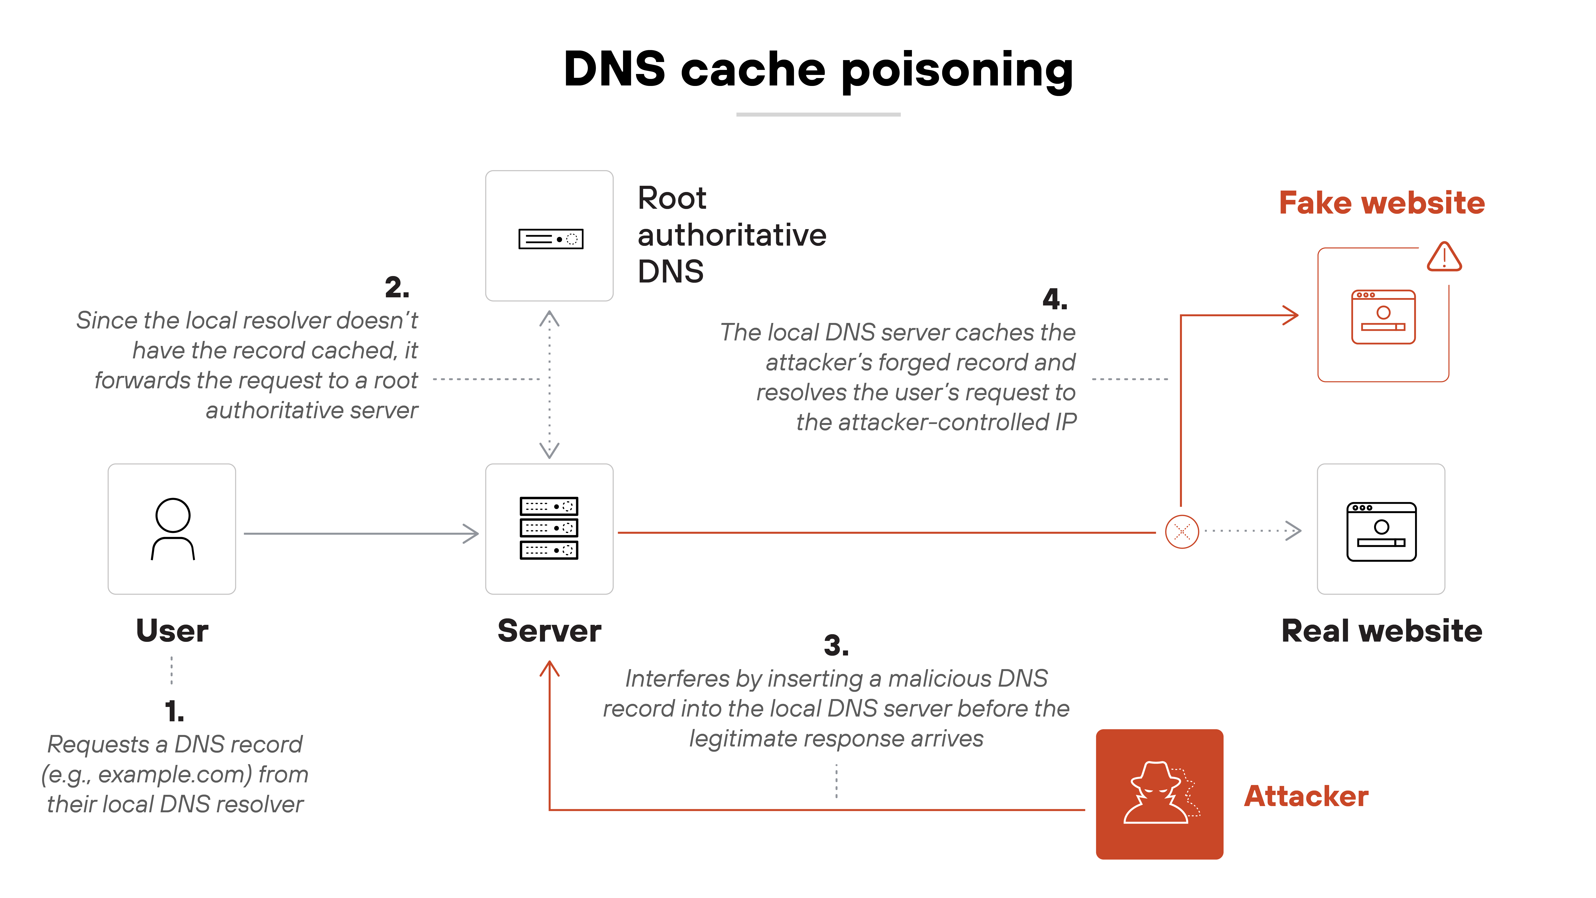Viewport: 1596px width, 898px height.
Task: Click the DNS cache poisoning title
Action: [818, 69]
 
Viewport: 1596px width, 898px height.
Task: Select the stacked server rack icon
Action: [549, 528]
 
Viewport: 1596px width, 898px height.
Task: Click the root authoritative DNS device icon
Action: [550, 239]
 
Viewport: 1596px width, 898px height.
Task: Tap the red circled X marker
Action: [1181, 532]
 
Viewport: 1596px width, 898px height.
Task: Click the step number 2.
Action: [397, 287]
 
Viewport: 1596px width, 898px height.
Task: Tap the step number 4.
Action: [1055, 299]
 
